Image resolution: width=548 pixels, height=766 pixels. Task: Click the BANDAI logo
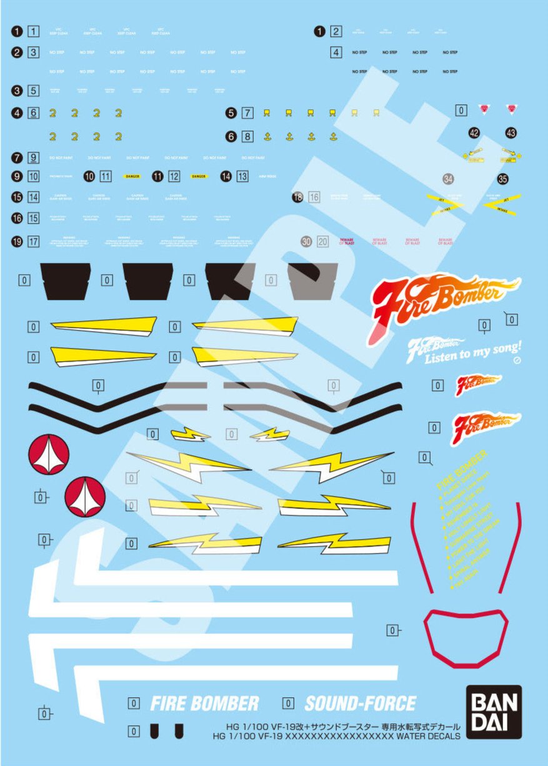point(494,712)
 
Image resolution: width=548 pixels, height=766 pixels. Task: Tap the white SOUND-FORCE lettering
point(360,704)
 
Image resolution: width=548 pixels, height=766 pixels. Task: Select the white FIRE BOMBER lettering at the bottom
point(204,704)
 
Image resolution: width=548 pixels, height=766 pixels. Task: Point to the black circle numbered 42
point(474,132)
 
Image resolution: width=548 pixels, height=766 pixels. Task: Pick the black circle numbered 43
point(511,132)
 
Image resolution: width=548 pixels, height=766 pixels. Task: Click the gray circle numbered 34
point(447,179)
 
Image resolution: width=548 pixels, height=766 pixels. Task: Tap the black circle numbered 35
point(503,179)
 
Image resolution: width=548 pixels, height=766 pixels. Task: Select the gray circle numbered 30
point(306,241)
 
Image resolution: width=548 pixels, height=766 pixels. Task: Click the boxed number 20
point(322,241)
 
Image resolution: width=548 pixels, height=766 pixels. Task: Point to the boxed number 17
point(34,241)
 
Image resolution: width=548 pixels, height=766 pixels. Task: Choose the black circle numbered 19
point(17,241)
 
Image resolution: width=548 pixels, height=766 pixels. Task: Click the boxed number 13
point(242,177)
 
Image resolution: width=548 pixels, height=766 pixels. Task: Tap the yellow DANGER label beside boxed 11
point(132,177)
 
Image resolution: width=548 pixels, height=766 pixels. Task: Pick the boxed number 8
point(248,136)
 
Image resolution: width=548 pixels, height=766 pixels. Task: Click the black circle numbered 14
point(226,177)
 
